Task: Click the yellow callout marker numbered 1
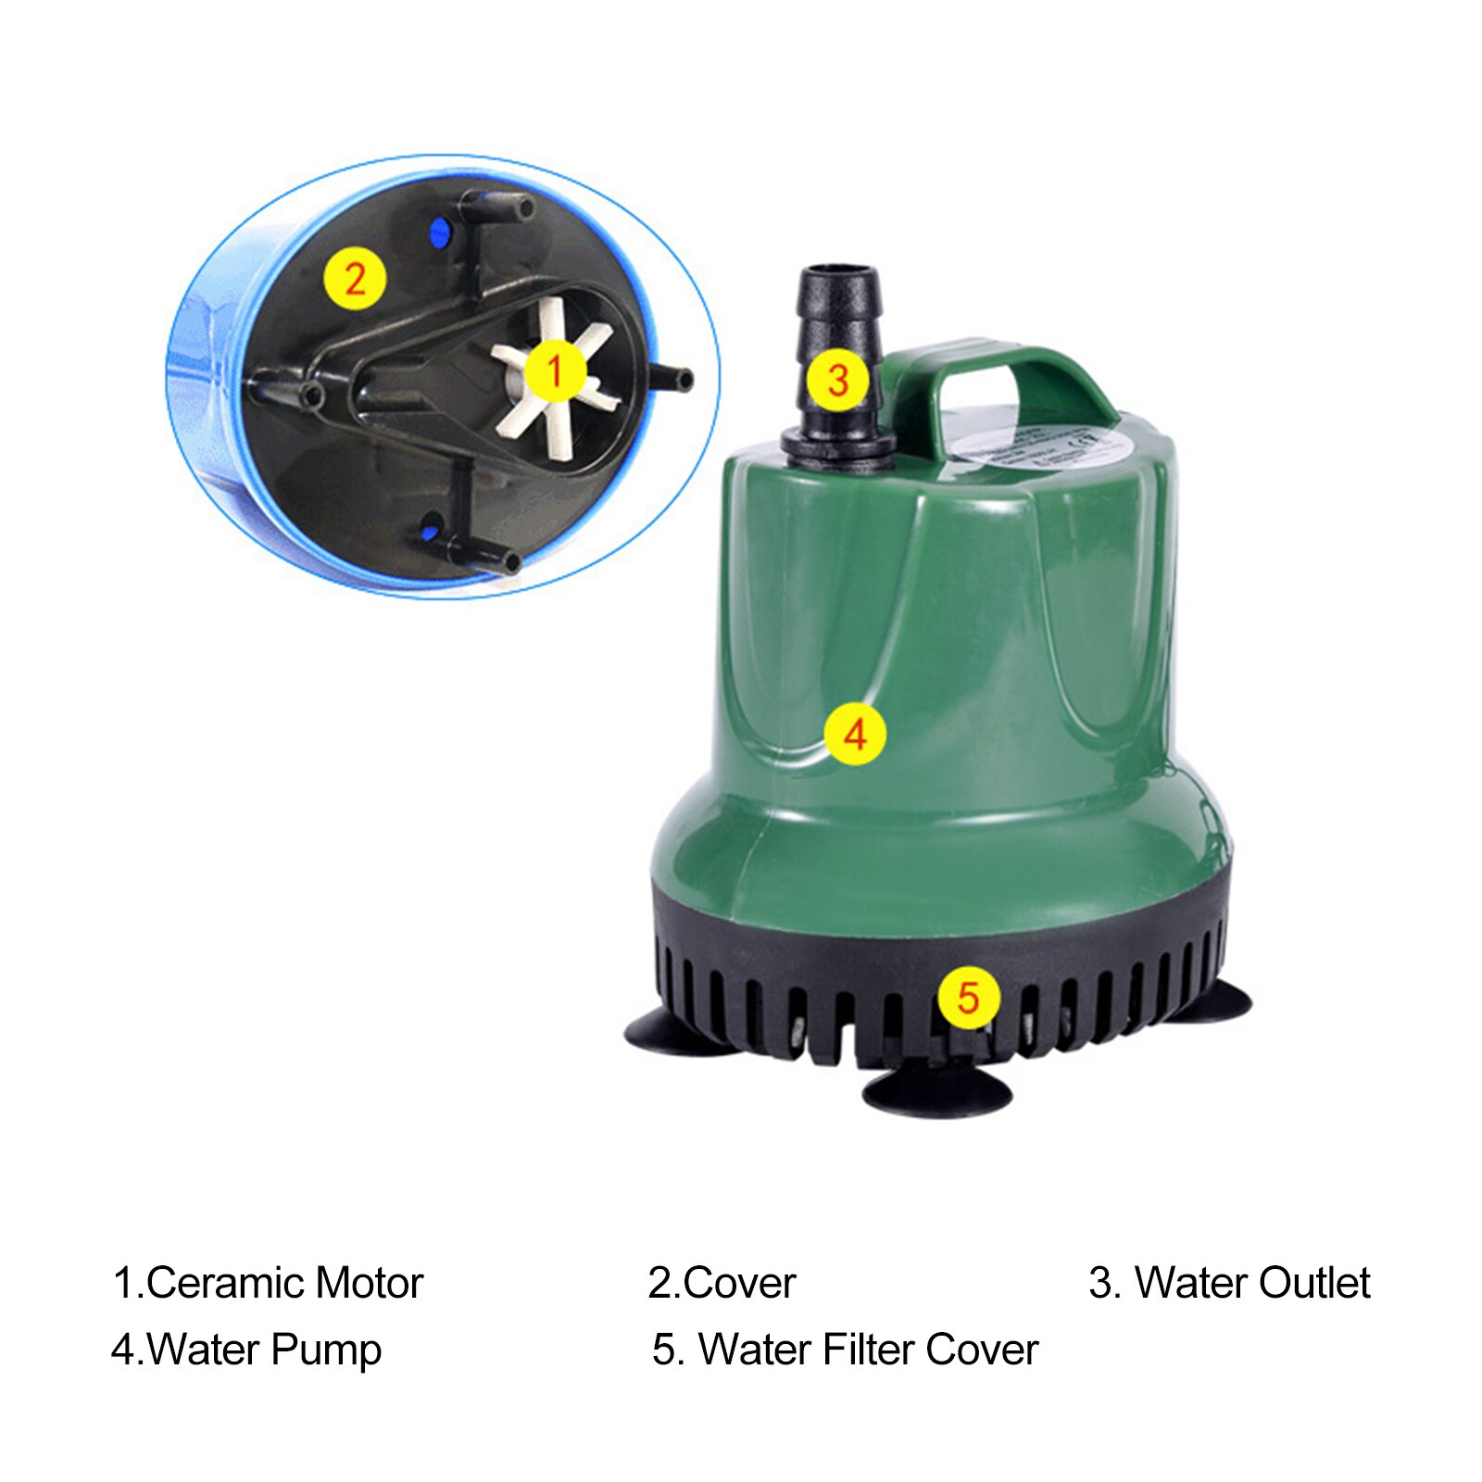pyautogui.click(x=555, y=371)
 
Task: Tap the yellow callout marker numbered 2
pyautogui.click(x=354, y=279)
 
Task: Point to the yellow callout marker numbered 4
pyautogui.click(x=855, y=734)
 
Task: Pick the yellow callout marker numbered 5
pyautogui.click(x=968, y=998)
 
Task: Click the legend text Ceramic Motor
pyautogui.click(x=284, y=1284)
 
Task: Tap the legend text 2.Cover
pyautogui.click(x=722, y=1284)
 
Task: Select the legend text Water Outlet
pyautogui.click(x=1252, y=1284)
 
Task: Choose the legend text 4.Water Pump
pyautogui.click(x=246, y=1350)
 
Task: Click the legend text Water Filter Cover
pyautogui.click(x=868, y=1350)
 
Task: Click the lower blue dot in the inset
pyautogui.click(x=429, y=533)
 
